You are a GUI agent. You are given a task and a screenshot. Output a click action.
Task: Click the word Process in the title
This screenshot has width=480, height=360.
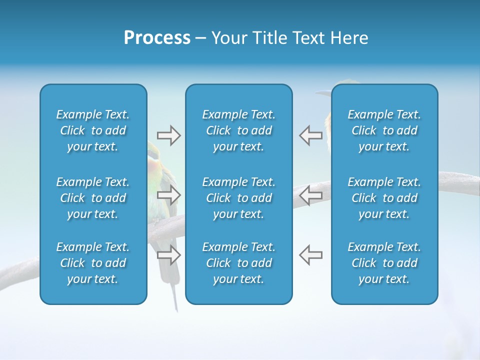coord(157,38)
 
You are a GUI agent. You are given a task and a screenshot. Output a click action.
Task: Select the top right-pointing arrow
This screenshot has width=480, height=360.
coord(168,135)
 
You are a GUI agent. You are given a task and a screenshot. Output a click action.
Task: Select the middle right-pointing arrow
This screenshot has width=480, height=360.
coord(168,195)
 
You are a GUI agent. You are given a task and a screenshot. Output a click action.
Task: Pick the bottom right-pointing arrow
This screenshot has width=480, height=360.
coord(168,254)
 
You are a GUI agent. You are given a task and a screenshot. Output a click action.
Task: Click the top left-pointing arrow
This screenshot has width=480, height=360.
coord(310,135)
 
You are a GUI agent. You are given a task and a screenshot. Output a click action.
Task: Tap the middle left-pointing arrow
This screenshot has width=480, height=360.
coord(310,195)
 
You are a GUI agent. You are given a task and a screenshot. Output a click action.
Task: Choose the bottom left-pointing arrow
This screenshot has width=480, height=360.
coord(310,254)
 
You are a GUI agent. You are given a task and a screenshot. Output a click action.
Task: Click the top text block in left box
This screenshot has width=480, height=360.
coord(93,130)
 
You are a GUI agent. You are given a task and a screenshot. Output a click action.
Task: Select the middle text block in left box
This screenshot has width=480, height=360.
coord(93,198)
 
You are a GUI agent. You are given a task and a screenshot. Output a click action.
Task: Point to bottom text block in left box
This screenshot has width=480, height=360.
coord(93,263)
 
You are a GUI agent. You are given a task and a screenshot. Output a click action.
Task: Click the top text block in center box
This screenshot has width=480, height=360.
coord(238,130)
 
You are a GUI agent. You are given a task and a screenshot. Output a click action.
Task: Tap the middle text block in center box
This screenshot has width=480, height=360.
coord(238,198)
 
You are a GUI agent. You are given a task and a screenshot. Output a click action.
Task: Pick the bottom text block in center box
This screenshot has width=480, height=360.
coord(238,263)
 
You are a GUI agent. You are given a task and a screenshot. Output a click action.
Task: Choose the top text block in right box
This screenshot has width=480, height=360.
coord(384,130)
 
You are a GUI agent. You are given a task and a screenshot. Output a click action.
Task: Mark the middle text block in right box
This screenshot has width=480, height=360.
coord(384,198)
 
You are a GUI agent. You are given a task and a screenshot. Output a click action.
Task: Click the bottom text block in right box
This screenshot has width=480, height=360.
coord(384,263)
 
